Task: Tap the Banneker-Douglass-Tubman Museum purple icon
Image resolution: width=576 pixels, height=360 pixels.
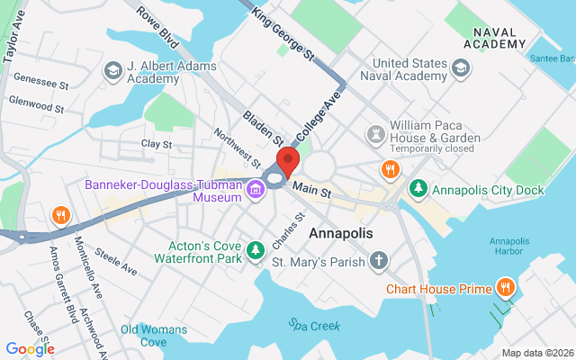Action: coord(256,190)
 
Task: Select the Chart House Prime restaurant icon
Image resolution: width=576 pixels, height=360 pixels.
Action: coord(507,289)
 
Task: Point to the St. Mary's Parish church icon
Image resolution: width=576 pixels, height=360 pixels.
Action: coord(380,263)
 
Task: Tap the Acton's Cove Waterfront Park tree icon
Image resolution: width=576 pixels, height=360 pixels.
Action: coord(256,247)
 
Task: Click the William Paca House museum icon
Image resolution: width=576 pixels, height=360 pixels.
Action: coord(375,133)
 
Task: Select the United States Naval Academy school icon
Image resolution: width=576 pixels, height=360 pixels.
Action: coord(461,68)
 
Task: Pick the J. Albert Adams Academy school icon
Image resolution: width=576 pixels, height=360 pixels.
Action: coord(113,70)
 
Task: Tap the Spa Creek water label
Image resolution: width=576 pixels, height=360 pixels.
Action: coord(308,324)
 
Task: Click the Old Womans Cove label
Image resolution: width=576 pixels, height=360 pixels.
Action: coord(156,335)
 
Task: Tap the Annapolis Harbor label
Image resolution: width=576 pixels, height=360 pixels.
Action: coord(509,245)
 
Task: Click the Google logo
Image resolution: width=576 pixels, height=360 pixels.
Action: coord(30,349)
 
